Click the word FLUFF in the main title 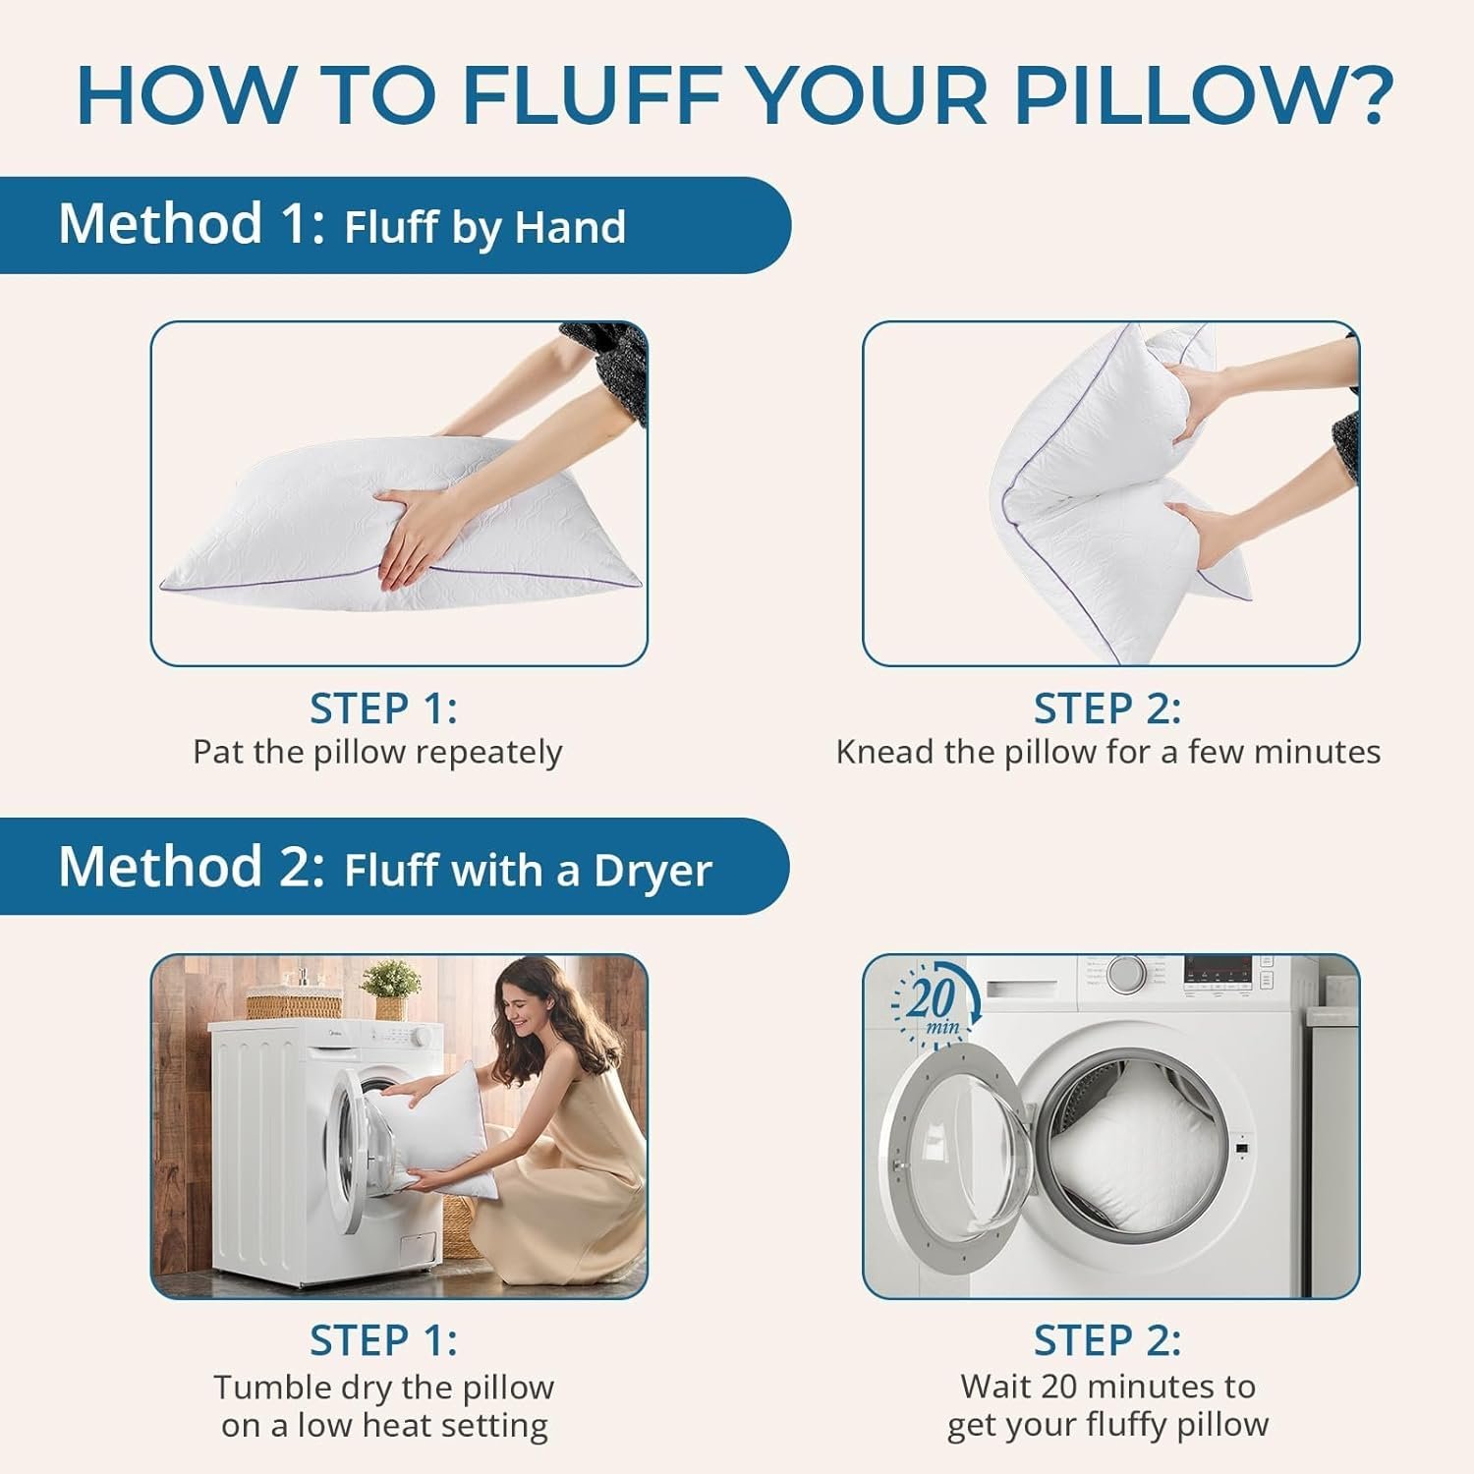coord(592,95)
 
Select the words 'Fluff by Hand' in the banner coord(484,227)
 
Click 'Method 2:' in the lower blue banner coord(191,867)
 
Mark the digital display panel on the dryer coord(1218,971)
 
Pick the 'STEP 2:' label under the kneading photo coord(1107,709)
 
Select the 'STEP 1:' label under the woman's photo coord(383,1340)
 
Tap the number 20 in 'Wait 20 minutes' coord(1059,1387)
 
